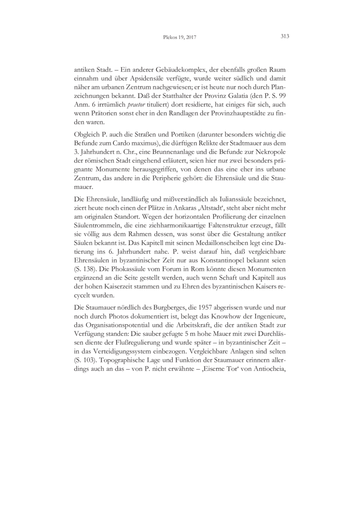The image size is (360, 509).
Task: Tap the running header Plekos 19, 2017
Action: [x=180, y=38]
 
